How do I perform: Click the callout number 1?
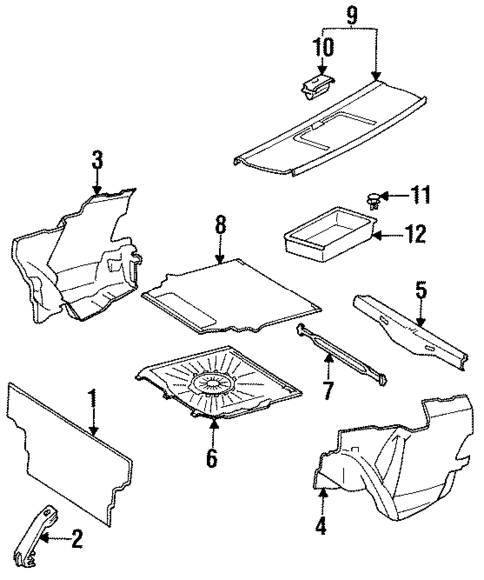point(92,403)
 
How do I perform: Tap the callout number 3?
point(97,160)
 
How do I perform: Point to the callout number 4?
point(321,525)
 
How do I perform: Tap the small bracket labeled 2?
point(30,540)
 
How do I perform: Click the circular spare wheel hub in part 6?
point(213,383)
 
